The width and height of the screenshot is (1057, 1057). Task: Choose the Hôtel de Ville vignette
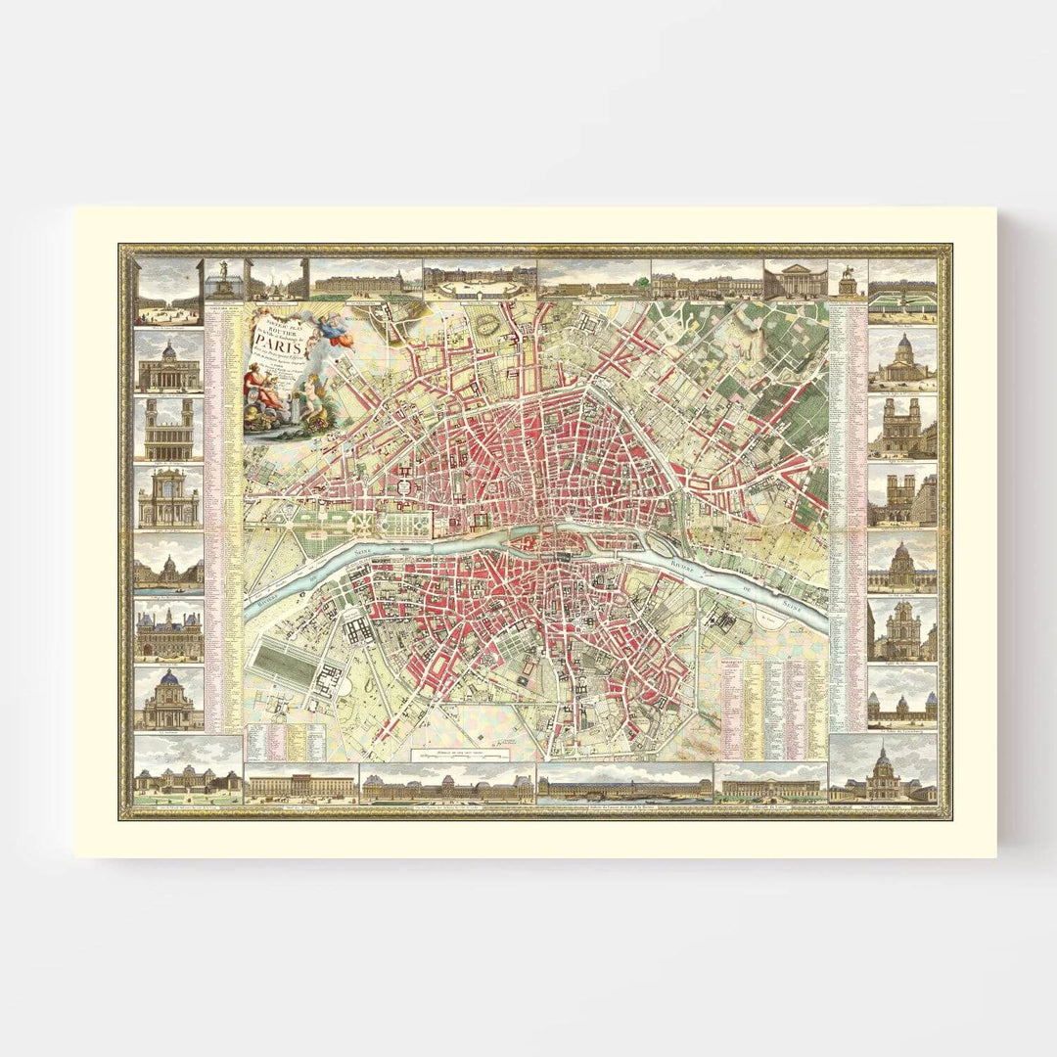tap(169, 631)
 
